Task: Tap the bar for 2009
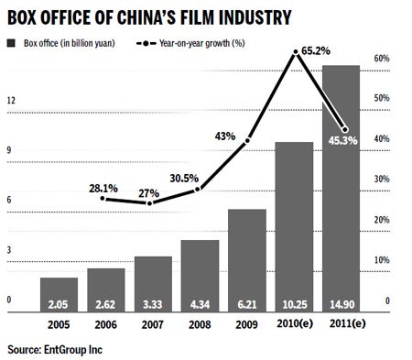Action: (247, 261)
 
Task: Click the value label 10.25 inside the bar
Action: (294, 303)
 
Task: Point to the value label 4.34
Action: (200, 303)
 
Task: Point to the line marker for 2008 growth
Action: (199, 190)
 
